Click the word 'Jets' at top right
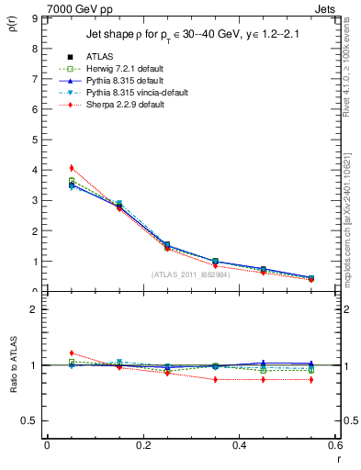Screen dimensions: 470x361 point(325,8)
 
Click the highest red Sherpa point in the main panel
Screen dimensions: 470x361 point(72,168)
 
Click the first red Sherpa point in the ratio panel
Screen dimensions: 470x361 point(72,352)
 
